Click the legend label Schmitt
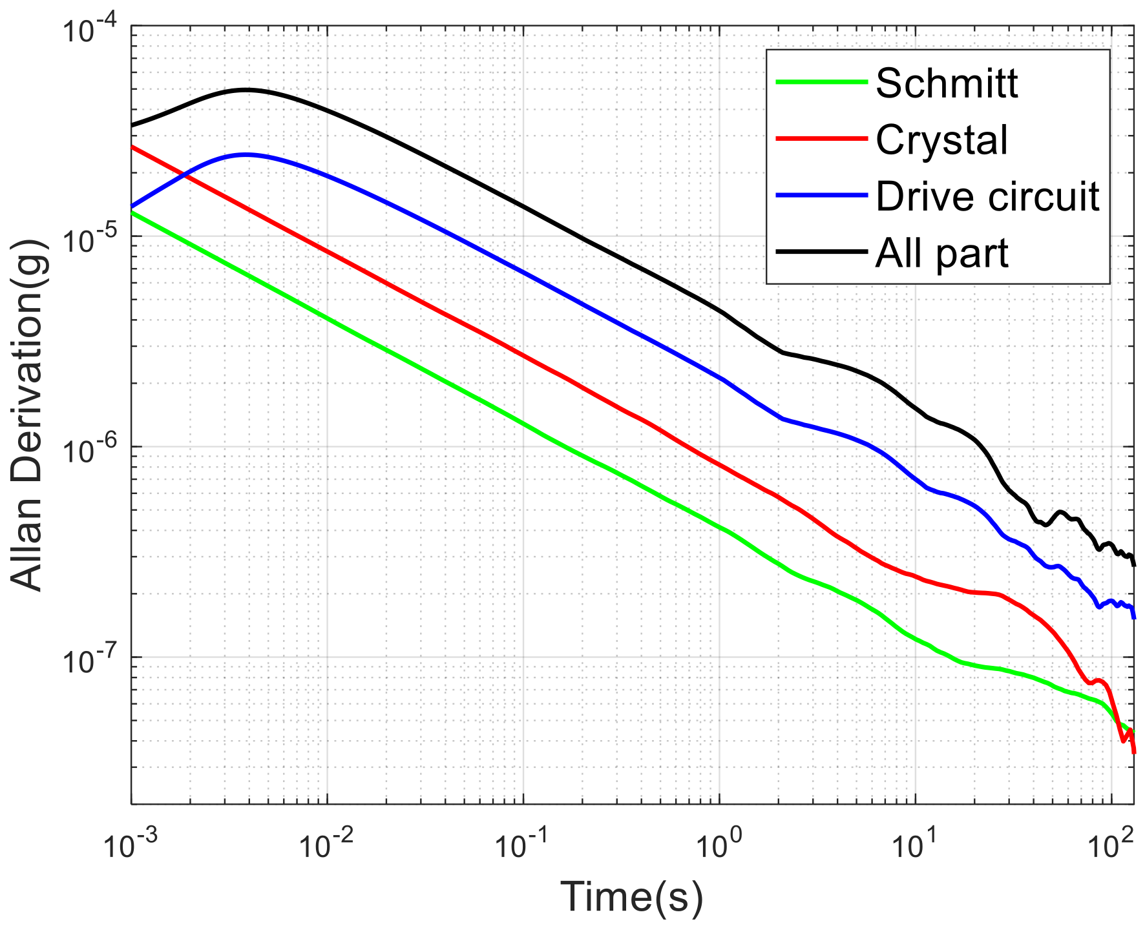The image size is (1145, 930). (947, 83)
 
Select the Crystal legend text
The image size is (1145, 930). (941, 139)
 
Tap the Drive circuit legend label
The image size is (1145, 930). (987, 196)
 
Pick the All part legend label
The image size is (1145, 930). (941, 253)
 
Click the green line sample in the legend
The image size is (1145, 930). (821, 82)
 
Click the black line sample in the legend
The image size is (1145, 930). (821, 252)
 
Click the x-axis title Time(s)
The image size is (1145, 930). (631, 897)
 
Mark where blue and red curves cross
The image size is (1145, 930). (185, 174)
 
